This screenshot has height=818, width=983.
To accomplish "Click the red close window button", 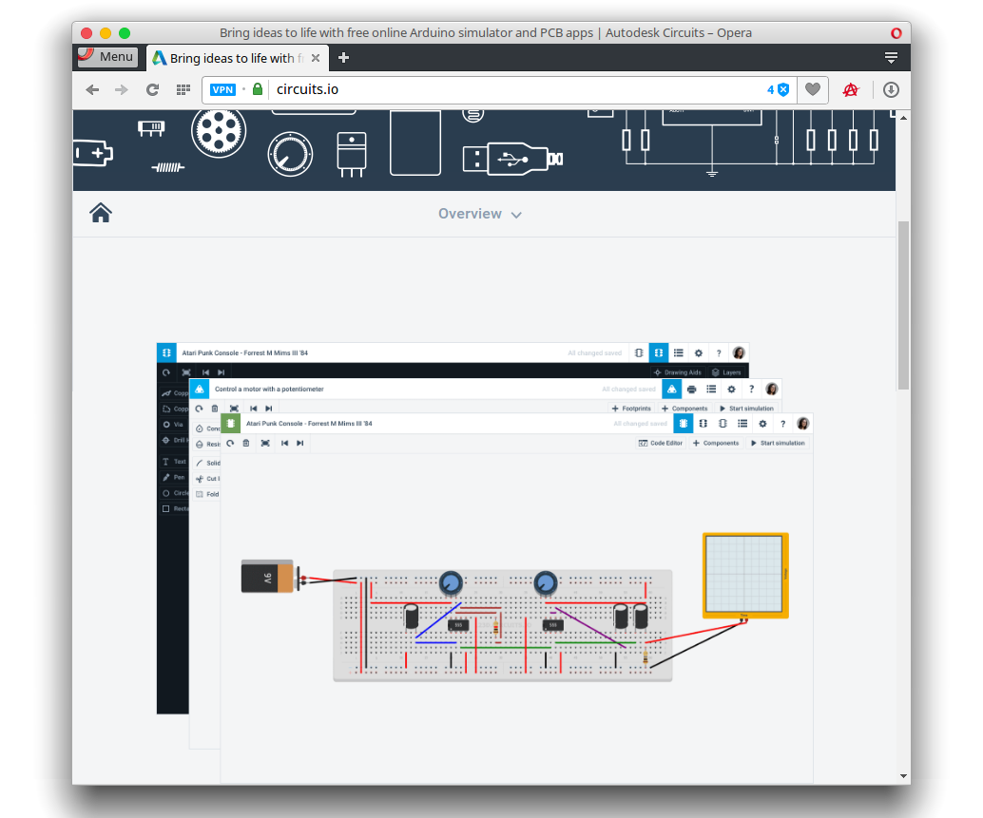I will click(87, 32).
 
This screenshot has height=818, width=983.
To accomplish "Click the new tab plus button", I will click(343, 58).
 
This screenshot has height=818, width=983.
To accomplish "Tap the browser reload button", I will click(152, 90).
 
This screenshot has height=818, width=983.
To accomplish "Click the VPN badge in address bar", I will click(222, 90).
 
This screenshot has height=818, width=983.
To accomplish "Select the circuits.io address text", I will click(307, 90).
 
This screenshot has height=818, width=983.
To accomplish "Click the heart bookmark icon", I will click(812, 90).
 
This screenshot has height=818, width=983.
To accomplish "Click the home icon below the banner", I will click(101, 214).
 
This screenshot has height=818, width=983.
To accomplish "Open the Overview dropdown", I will click(480, 214).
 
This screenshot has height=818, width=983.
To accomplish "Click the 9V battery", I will click(269, 577).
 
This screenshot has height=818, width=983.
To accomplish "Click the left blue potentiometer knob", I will click(451, 581).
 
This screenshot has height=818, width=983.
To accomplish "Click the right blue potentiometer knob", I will click(546, 581).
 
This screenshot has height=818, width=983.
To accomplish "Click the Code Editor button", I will click(661, 443).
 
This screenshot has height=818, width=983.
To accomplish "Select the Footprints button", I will click(631, 409).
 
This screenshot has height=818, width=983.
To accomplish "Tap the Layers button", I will click(726, 372).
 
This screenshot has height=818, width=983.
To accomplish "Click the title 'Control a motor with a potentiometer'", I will click(269, 389).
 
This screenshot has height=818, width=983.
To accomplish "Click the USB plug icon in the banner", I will click(512, 158).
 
